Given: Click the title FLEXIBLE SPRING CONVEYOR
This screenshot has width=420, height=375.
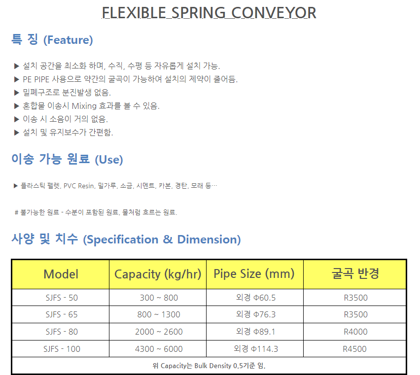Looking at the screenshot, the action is tap(209, 13).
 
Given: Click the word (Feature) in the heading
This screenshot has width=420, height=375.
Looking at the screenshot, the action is tap(68, 40).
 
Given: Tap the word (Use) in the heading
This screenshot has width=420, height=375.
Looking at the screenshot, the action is tap(109, 160).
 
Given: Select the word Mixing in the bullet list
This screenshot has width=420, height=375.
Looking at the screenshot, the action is tap(84, 106).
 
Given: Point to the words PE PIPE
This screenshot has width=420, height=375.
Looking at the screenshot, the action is tap(36, 79).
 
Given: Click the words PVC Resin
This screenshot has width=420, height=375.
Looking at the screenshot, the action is tap(79, 186).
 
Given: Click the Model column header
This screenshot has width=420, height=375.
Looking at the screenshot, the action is tap(61, 274).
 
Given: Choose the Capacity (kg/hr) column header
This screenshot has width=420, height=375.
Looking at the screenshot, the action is tap(158, 274).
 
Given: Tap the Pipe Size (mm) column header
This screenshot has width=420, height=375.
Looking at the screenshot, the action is tap(254, 274).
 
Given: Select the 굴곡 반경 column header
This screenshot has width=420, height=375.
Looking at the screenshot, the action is tap(355, 273).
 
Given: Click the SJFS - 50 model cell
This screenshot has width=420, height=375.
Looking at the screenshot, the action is tap(62, 298).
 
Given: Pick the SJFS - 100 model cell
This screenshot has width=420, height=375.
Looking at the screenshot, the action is tap(62, 349).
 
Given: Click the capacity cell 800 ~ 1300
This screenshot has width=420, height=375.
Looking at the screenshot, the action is tap(159, 314).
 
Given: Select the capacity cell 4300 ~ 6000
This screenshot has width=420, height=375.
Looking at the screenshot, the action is tap(159, 349).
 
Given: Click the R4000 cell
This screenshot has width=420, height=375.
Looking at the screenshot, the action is tap(355, 332).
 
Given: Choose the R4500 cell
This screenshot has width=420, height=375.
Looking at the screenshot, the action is tap(354, 349).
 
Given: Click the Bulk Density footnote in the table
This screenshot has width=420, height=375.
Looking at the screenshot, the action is tap(209, 366).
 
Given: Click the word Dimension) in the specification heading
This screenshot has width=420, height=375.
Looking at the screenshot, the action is tap(209, 239).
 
